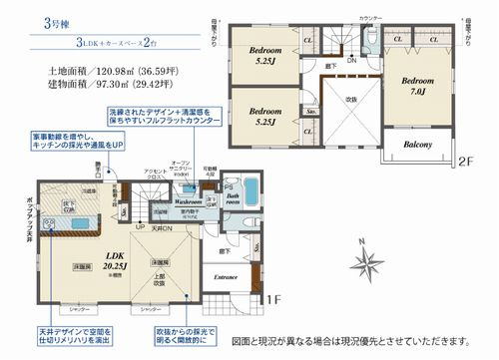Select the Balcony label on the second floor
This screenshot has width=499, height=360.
417,144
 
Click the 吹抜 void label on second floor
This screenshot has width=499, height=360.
351,100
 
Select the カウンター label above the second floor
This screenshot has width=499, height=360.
371,18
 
